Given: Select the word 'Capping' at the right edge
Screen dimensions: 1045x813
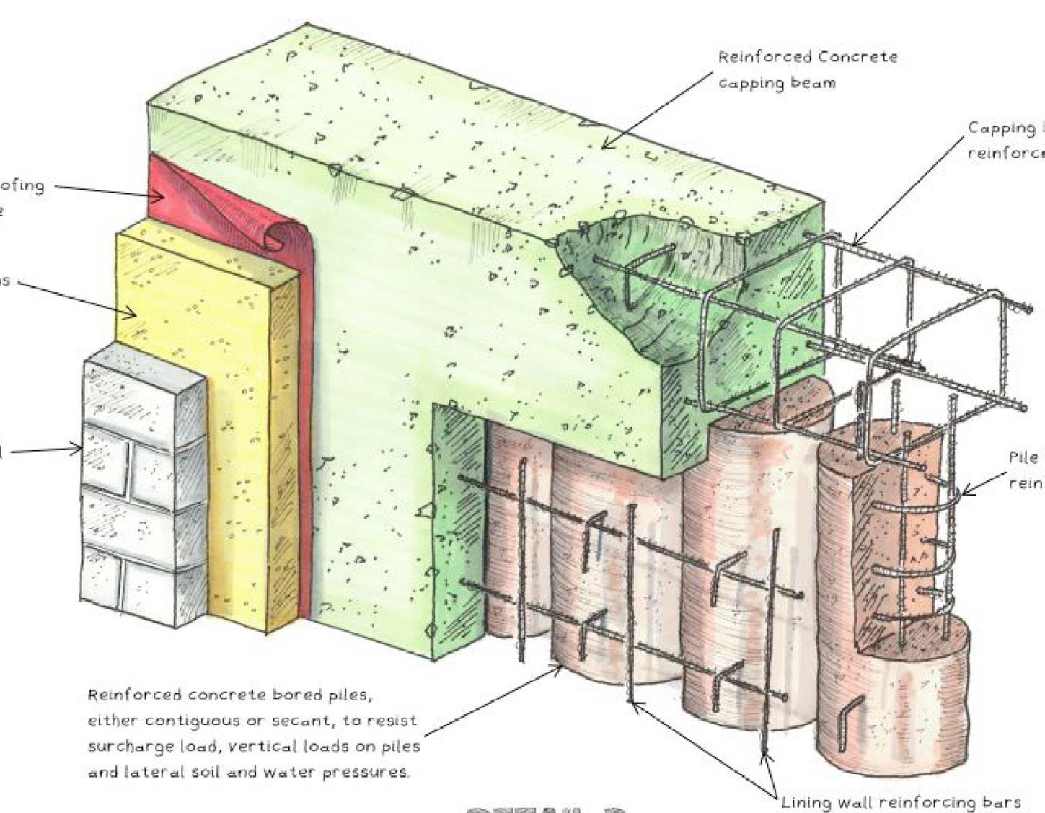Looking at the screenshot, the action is coord(1001,128).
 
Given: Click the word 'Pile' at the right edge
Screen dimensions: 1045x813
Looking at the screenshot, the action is coord(1023,457).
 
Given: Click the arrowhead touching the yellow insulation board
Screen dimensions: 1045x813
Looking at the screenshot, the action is coord(132,313).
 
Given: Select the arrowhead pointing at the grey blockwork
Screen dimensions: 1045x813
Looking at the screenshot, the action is coord(76,450).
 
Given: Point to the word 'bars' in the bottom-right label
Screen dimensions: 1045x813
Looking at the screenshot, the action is coord(1005,802).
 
